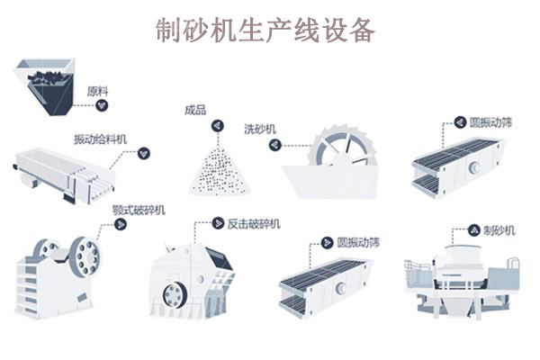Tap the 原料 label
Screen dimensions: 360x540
[x=97, y=91]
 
